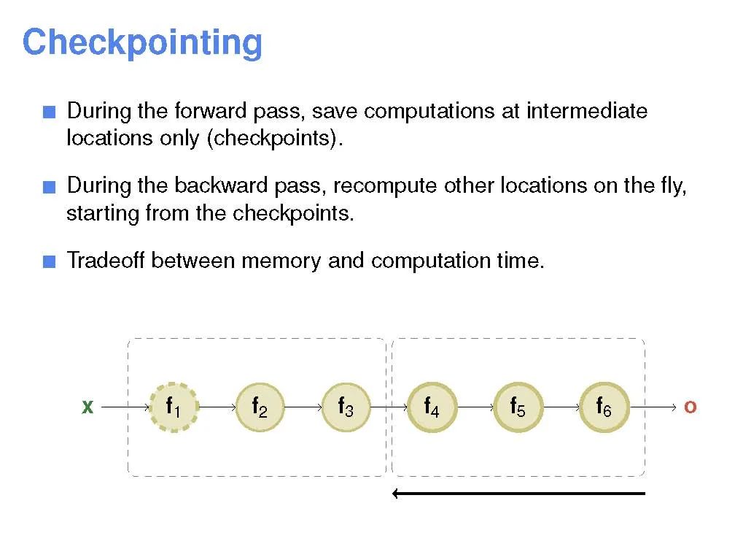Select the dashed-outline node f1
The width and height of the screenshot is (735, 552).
tap(174, 407)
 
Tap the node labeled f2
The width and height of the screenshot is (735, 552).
tap(260, 407)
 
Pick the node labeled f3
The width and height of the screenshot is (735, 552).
tap(346, 407)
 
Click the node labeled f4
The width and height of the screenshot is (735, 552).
tap(432, 407)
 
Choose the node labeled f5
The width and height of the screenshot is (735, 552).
tap(518, 407)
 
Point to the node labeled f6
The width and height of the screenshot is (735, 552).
tap(604, 407)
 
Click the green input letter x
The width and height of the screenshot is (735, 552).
tap(87, 407)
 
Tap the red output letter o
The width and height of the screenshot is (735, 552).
tap(690, 407)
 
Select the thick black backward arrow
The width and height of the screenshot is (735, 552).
tap(518, 494)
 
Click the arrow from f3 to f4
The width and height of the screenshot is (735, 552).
tap(389, 407)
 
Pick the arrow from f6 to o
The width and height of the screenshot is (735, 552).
tap(654, 407)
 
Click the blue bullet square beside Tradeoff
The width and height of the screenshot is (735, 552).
tap(49, 261)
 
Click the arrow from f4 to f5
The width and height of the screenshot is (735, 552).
tap(475, 407)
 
